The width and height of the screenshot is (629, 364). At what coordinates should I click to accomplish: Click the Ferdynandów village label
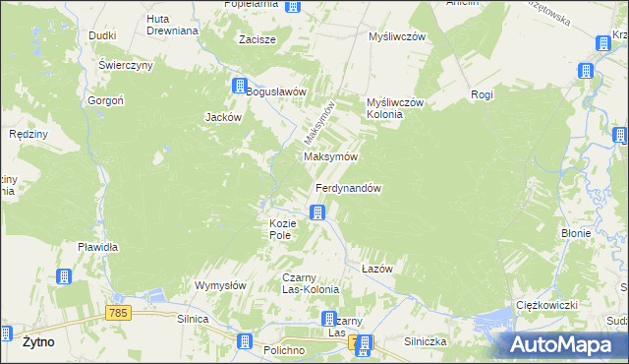pyautogui.click(x=348, y=188)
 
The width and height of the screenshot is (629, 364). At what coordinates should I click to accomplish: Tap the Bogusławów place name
pyautogui.click(x=277, y=91)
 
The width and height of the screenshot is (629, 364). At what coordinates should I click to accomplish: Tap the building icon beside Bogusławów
pyautogui.click(x=239, y=86)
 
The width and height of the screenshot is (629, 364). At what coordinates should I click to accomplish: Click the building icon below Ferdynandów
pyautogui.click(x=317, y=212)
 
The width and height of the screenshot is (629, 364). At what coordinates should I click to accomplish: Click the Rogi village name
pyautogui.click(x=482, y=94)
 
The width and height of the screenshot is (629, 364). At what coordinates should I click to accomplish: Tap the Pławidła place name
pyautogui.click(x=98, y=247)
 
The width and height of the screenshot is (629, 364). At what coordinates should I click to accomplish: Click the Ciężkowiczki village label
pyautogui.click(x=545, y=306)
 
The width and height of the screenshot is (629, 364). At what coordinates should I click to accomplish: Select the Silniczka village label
pyautogui.click(x=426, y=341)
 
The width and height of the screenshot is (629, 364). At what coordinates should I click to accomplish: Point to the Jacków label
pyautogui.click(x=223, y=117)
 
